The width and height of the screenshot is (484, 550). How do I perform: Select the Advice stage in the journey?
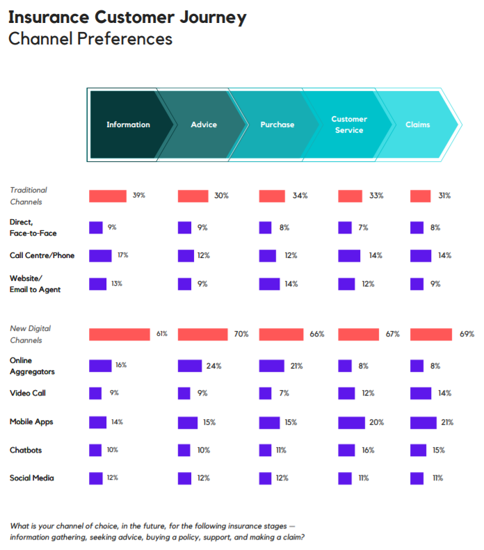click(x=204, y=125)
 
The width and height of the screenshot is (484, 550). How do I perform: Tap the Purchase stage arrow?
click(x=277, y=125)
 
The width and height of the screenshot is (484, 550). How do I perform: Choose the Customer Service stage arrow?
click(x=349, y=125)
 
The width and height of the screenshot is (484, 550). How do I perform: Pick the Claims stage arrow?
click(x=418, y=125)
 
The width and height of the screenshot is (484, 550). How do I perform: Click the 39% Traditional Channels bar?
click(x=107, y=196)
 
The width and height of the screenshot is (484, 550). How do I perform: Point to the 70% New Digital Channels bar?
click(x=203, y=334)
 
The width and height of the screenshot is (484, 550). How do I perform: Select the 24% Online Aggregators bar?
click(x=190, y=366)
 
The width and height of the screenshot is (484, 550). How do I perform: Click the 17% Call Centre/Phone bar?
click(x=100, y=255)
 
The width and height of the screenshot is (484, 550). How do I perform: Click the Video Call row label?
click(x=28, y=394)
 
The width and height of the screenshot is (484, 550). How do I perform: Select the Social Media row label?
click(x=31, y=478)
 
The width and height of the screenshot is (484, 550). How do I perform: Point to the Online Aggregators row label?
click(x=32, y=366)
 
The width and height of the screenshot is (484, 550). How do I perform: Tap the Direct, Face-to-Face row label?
click(x=33, y=227)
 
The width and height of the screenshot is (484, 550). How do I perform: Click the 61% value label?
click(x=161, y=334)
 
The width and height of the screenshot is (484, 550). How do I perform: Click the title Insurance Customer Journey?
click(x=127, y=17)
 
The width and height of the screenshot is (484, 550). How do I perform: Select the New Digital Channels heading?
click(x=30, y=334)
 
